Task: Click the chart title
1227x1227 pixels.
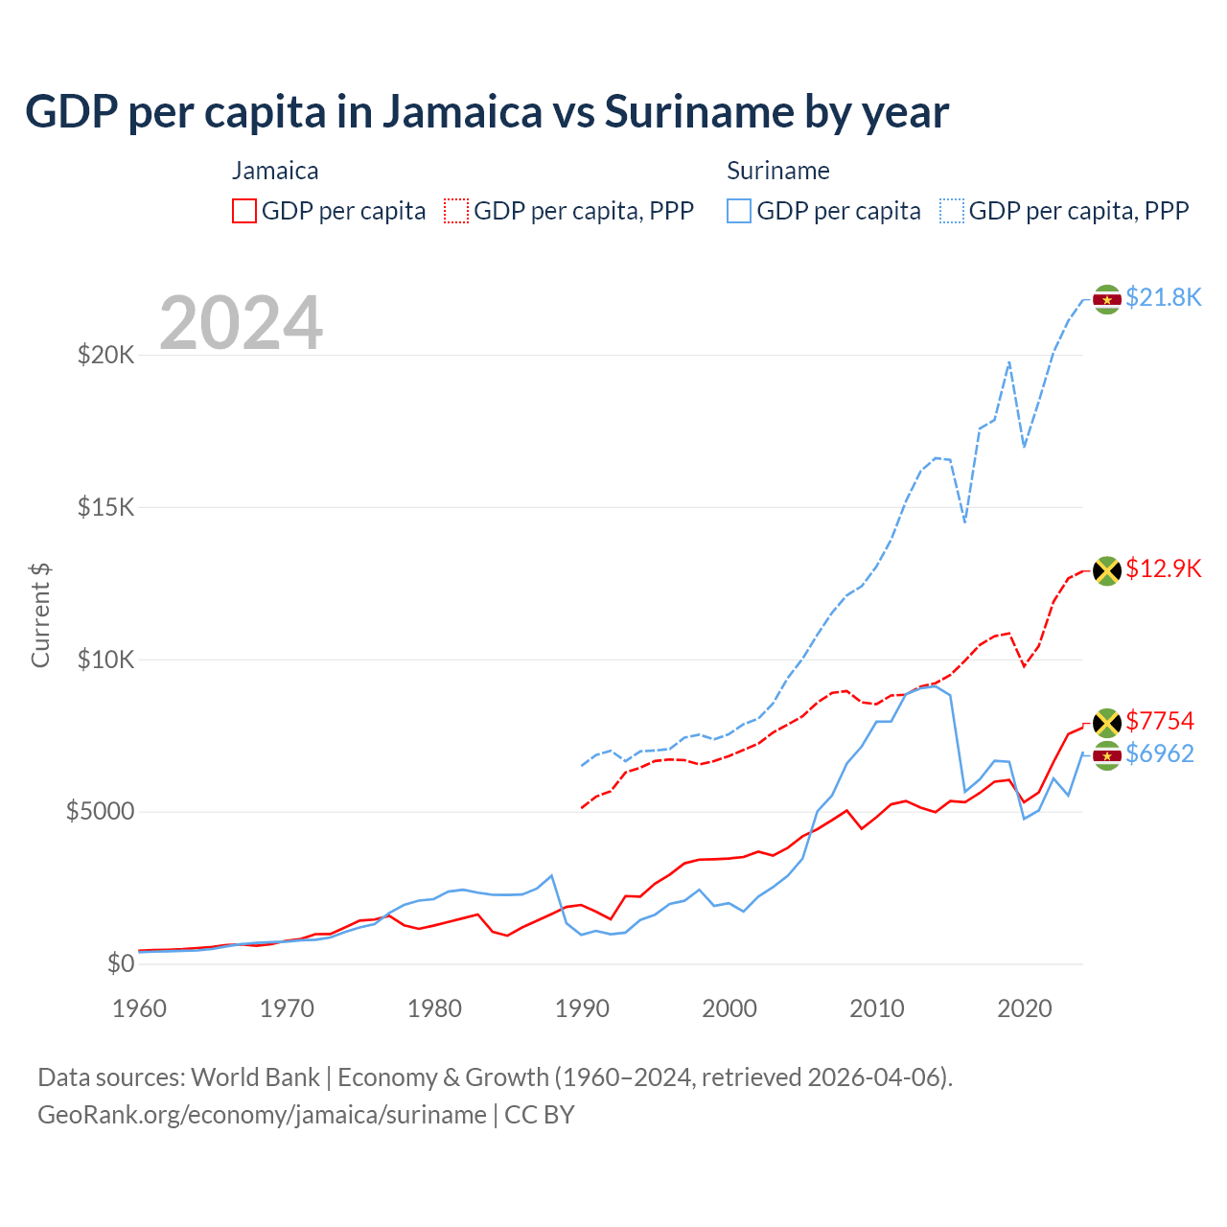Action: pyautogui.click(x=487, y=112)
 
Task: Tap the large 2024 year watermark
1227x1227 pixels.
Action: pyautogui.click(x=241, y=323)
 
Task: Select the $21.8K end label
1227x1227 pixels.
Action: pyautogui.click(x=1163, y=297)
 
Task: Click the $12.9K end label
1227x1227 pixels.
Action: pyautogui.click(x=1163, y=568)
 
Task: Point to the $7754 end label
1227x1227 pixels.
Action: pyautogui.click(x=1160, y=721)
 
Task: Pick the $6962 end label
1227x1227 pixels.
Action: pyautogui.click(x=1160, y=753)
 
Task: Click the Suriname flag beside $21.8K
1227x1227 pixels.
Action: pyautogui.click(x=1107, y=299)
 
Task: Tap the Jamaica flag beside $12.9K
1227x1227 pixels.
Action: pyautogui.click(x=1107, y=570)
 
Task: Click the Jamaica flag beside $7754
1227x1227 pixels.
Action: pyautogui.click(x=1107, y=723)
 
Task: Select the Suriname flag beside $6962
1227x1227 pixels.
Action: pyautogui.click(x=1107, y=755)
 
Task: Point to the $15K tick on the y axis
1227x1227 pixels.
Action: pyautogui.click(x=106, y=507)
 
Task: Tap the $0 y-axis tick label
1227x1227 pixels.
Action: pyautogui.click(x=121, y=963)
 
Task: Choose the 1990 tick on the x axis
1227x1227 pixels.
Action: pyautogui.click(x=582, y=1008)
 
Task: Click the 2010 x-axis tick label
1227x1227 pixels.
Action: pyautogui.click(x=877, y=1008)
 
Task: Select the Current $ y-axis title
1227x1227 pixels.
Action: pyautogui.click(x=40, y=615)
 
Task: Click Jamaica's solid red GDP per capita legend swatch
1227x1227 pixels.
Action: pyautogui.click(x=244, y=211)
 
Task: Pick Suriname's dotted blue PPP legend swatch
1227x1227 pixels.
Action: pyautogui.click(x=952, y=211)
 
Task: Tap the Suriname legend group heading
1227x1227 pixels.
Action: pyautogui.click(x=777, y=171)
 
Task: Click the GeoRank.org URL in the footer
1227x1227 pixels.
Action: pyautogui.click(x=262, y=1115)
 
